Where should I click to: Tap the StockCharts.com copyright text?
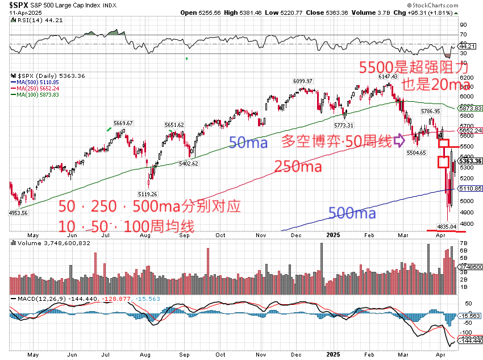450,5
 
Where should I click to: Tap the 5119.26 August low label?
148,194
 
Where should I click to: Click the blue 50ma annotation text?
248,143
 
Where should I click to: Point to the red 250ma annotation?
298,167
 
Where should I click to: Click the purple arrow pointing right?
399,139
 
